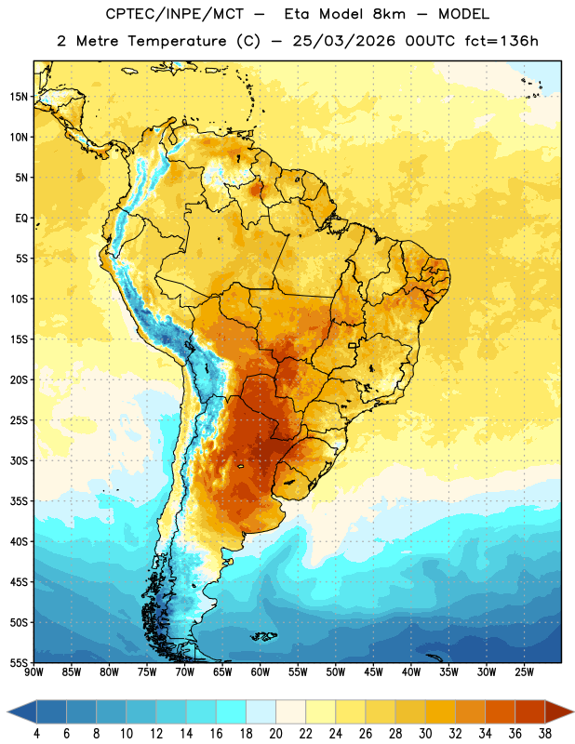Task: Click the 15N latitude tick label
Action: [19, 97]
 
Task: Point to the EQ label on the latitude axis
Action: [21, 219]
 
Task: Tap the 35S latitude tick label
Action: [19, 501]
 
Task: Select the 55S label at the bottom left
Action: [19, 662]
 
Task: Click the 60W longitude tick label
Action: [261, 671]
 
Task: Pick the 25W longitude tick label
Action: [524, 671]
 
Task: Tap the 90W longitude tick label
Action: [33, 671]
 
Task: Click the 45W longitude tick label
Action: [373, 671]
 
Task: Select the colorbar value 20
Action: [275, 734]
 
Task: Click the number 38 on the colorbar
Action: [545, 734]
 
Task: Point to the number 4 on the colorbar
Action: [36, 734]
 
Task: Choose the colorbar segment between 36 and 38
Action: [530, 711]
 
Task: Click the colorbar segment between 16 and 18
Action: [232, 711]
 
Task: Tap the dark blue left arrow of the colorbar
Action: [21, 711]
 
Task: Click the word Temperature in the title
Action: [177, 41]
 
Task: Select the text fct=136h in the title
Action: [501, 41]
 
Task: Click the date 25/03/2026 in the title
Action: [344, 41]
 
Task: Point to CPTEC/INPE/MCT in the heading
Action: [175, 14]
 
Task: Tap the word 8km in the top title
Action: [389, 14]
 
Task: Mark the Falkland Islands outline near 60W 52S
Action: [264, 636]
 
